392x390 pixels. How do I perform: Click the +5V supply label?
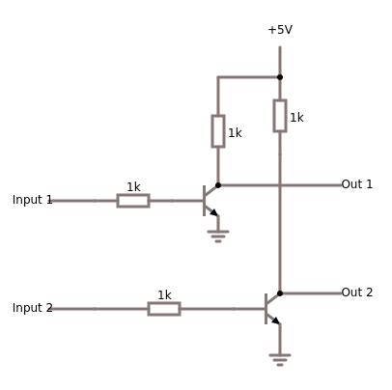point(280,30)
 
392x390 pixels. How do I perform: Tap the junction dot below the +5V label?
point(280,77)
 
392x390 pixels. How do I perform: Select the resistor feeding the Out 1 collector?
point(218,131)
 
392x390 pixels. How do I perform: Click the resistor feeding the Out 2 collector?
point(280,115)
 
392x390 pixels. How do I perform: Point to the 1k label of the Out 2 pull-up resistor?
point(296,118)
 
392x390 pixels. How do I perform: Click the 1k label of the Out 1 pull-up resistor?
point(235,133)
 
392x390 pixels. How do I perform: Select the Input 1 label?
point(32,200)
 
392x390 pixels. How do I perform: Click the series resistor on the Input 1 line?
point(133,201)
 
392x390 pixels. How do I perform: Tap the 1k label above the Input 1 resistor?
point(133,187)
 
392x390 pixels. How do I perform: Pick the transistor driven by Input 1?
point(210,200)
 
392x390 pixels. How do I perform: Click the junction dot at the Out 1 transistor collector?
point(218,185)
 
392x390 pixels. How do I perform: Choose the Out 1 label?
point(356,184)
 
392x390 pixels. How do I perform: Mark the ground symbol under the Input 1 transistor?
point(218,235)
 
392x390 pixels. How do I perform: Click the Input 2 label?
point(32,308)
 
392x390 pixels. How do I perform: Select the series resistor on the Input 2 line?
point(164,309)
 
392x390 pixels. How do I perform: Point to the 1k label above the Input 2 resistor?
point(164,295)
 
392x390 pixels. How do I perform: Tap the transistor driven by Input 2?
point(271,308)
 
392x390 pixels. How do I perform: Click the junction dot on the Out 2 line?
point(280,293)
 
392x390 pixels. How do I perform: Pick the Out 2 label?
point(356,292)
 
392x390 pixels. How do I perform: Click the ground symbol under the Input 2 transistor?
point(280,358)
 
